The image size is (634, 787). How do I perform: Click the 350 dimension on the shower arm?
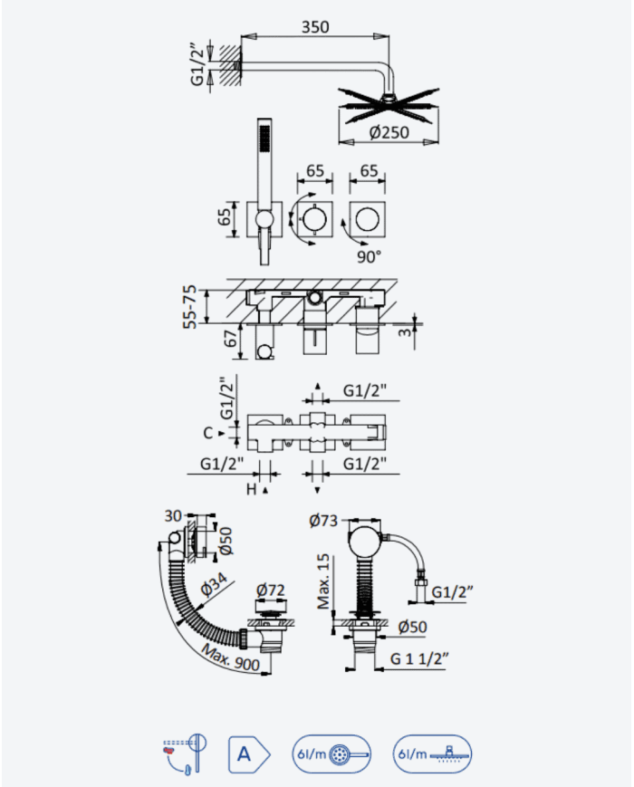click(315, 26)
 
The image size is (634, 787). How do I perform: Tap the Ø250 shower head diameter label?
click(389, 132)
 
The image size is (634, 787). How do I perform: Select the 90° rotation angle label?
click(369, 257)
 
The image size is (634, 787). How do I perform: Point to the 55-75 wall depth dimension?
click(190, 307)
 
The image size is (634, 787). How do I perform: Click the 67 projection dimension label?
click(230, 339)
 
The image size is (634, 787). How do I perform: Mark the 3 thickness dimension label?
click(406, 331)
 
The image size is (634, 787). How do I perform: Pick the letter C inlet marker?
click(208, 433)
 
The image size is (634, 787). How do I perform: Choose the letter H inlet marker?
click(252, 489)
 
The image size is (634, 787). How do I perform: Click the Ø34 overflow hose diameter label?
click(214, 584)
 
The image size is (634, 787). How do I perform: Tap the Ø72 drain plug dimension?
click(271, 590)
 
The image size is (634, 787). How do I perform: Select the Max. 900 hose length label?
click(230, 657)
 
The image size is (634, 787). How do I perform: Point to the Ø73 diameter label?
click(323, 521)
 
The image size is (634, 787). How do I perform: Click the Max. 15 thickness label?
click(323, 581)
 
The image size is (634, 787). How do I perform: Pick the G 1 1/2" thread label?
click(419, 658)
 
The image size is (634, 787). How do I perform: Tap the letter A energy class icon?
click(249, 753)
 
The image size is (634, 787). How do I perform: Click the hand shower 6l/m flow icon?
click(331, 753)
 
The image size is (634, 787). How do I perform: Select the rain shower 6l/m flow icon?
click(432, 753)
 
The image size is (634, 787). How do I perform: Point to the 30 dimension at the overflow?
click(173, 516)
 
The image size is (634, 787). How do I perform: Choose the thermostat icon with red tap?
click(185, 753)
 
